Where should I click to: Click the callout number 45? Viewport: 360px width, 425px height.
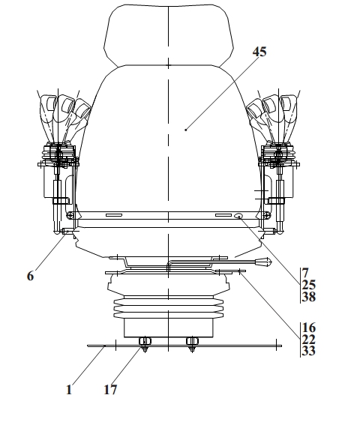coord(259,52)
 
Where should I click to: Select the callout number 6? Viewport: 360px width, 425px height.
coord(31,276)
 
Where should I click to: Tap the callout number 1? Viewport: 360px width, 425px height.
coord(69,390)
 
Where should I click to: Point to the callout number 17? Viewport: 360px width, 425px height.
coord(110,390)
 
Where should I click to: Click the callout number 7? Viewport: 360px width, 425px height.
coord(305,272)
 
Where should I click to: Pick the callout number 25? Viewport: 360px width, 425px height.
coord(309,285)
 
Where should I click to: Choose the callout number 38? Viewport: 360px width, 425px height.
coord(309,297)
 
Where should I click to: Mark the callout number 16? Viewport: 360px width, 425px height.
coord(309,328)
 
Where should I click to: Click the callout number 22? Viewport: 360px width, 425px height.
coord(309,340)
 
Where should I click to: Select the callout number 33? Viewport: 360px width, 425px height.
coord(309,351)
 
